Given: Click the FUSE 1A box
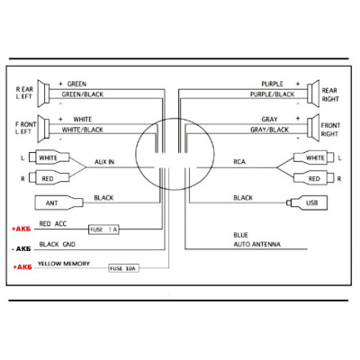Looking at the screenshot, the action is [x=103, y=229].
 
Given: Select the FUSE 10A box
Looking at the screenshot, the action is [x=123, y=268].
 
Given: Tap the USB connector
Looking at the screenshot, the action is [x=307, y=202].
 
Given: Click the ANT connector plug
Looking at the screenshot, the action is [x=59, y=202].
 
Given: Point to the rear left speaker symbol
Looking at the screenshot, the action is [x=43, y=94].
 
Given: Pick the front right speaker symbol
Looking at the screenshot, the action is [x=313, y=128].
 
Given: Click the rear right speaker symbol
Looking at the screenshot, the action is [x=313, y=93].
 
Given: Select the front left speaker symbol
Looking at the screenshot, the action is [x=43, y=129].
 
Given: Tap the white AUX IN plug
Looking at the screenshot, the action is [x=49, y=157].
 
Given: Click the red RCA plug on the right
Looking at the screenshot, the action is [x=313, y=178].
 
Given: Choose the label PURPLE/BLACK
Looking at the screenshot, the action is [x=273, y=94].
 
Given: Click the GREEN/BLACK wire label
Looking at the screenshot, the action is [x=83, y=94].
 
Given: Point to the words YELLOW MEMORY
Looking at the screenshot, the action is [x=64, y=264].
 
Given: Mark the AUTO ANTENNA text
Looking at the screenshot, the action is [x=257, y=244].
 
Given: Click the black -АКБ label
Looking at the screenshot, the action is [x=22, y=249].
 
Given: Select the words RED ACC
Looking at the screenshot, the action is [x=53, y=224].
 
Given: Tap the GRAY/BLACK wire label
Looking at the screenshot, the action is [x=269, y=130].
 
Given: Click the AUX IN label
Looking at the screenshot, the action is [x=104, y=162].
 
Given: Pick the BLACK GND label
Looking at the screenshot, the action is [x=58, y=244].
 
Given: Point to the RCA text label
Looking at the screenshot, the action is [x=239, y=162].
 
